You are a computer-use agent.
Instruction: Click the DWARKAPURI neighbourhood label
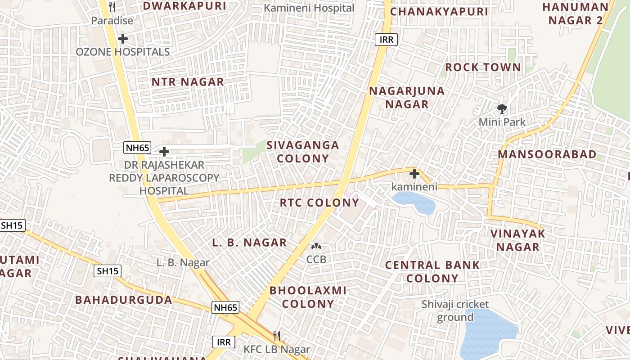coord(184,6)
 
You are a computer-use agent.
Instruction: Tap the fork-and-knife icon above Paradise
coord(112,7)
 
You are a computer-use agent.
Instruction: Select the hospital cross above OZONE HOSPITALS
coord(122,39)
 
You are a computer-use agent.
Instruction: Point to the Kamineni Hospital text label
coord(309,8)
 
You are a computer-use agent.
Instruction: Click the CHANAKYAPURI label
coord(439,12)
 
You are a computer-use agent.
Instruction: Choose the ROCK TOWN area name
coord(483,67)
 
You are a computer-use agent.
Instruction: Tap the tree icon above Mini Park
coord(502,108)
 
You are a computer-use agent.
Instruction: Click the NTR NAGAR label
coord(187,82)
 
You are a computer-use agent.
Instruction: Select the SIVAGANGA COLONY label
coord(302,152)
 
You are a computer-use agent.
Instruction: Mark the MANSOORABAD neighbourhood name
coord(547,154)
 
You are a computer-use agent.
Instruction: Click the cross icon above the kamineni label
coord(414,174)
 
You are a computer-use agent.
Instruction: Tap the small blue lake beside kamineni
coord(414,202)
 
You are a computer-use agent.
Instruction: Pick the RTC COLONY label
coord(319,202)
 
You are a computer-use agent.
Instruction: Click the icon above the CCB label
coord(316,247)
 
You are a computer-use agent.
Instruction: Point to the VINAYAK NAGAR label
coord(517,240)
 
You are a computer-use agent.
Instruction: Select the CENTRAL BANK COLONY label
coord(432,271)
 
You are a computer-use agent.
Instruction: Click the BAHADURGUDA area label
coord(123,300)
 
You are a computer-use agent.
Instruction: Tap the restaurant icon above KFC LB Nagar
coord(277,336)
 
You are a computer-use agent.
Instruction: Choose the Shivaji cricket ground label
coord(455,310)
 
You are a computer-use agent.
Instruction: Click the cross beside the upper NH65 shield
coord(164,152)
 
